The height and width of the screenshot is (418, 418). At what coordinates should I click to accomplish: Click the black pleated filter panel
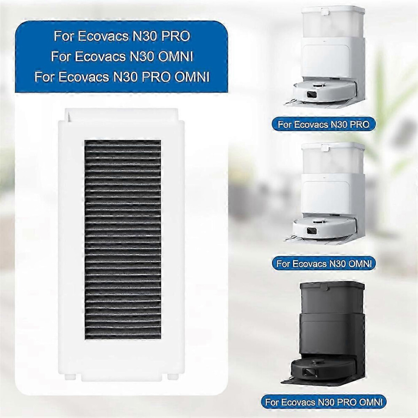(x=122, y=239)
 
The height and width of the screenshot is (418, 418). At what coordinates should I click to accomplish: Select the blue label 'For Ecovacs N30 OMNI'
(x=324, y=264)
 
